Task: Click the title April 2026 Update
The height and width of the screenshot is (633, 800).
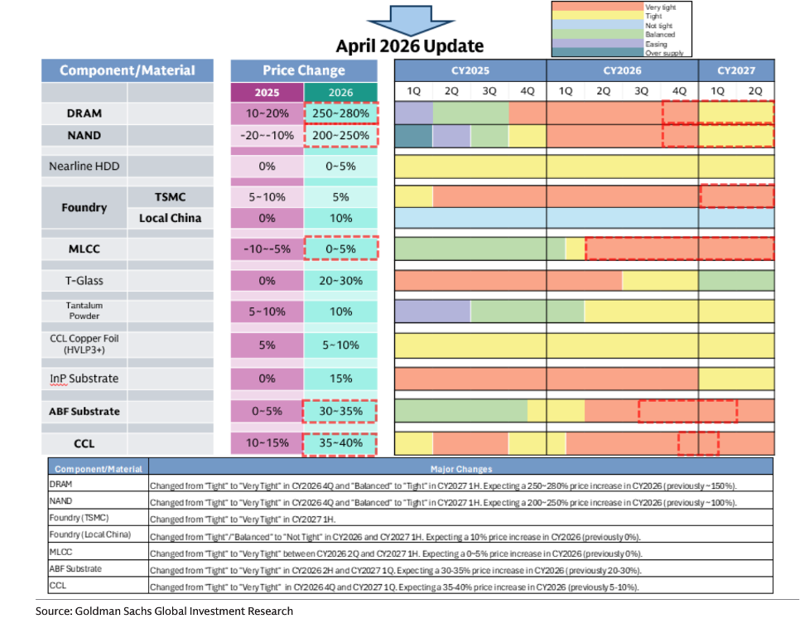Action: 409,46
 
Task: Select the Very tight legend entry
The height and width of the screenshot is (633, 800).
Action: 660,7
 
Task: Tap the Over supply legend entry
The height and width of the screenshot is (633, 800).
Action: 663,53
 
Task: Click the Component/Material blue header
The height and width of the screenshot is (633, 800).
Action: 128,70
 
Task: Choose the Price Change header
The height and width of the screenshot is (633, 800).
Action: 304,70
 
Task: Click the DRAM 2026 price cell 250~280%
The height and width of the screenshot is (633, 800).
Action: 340,113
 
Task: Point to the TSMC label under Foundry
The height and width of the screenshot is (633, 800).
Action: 164,196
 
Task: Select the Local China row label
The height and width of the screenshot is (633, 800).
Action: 164,219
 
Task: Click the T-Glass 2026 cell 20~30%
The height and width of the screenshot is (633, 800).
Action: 340,281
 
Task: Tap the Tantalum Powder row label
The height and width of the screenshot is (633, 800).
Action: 85,311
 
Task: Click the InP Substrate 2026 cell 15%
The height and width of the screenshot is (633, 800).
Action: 340,379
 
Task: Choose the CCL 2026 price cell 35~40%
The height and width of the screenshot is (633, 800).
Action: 340,443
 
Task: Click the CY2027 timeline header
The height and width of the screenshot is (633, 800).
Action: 736,70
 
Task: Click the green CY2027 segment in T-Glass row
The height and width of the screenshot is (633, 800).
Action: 736,281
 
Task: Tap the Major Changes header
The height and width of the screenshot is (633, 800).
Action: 460,469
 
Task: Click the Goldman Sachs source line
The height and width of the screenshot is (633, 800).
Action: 164,611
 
